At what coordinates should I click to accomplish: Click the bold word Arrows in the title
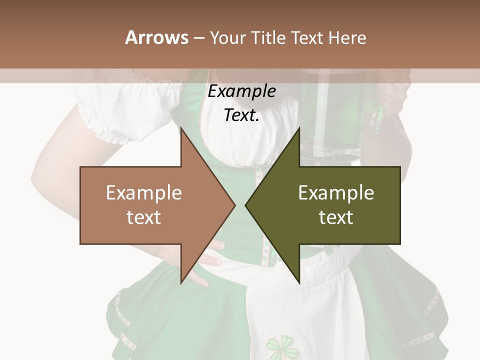(156, 37)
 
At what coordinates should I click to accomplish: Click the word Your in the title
(227, 37)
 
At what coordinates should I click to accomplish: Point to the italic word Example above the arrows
(241, 91)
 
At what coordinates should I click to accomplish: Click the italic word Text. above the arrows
(241, 115)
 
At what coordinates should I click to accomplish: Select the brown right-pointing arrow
(150, 205)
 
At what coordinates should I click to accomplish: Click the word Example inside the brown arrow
(144, 193)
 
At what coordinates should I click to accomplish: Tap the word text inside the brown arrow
(144, 217)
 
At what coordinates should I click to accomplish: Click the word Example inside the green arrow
(336, 193)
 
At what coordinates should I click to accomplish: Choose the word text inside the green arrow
(336, 217)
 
